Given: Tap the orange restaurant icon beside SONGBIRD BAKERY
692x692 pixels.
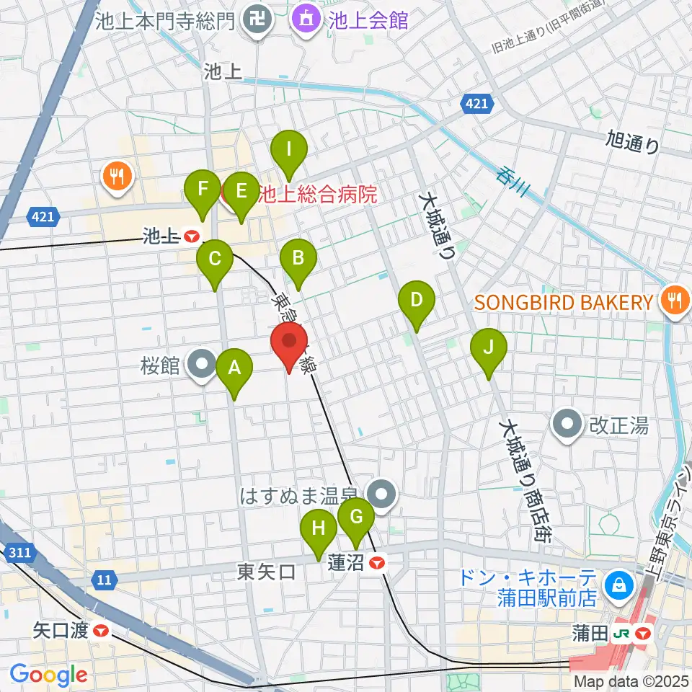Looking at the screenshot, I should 674,302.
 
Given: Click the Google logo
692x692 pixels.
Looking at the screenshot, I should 49,675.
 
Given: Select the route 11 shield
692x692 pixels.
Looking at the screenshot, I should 105,579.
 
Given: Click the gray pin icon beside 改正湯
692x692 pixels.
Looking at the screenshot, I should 567,425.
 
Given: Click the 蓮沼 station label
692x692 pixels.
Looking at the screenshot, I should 346,563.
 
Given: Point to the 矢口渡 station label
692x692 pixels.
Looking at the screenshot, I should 61,631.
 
